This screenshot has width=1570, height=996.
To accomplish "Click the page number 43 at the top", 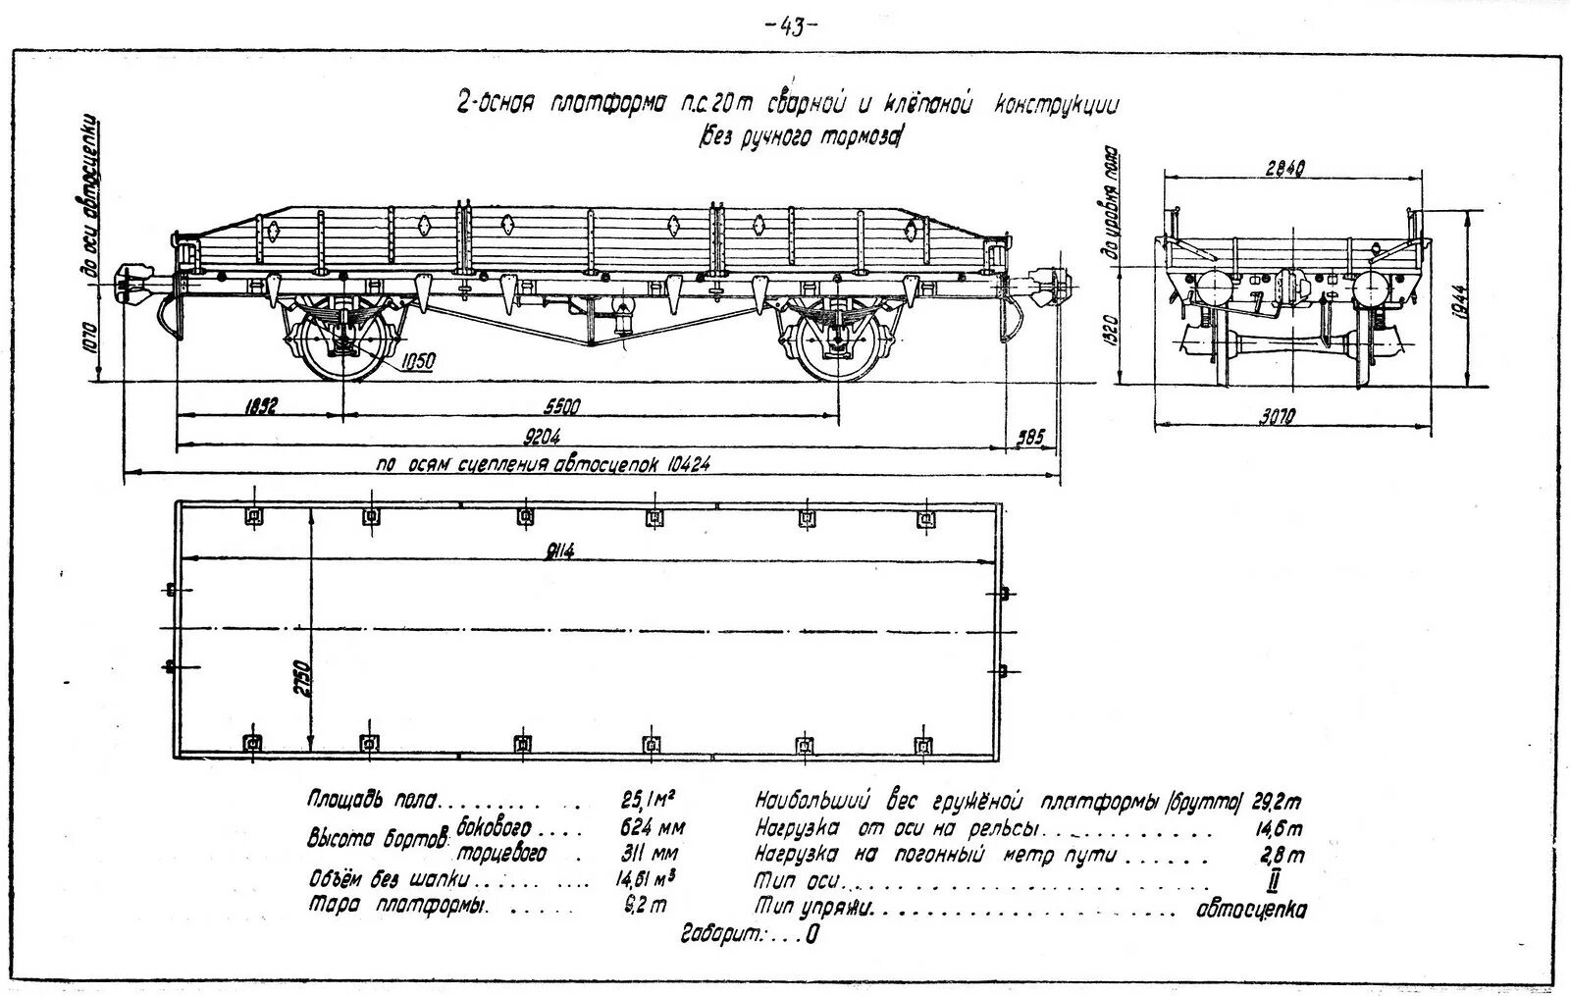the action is (x=790, y=26).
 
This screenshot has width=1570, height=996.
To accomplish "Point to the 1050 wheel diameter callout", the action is (x=417, y=362).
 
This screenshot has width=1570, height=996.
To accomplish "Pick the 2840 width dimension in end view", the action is (x=1284, y=168).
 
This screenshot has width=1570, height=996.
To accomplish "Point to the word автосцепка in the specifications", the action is (x=1251, y=910).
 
